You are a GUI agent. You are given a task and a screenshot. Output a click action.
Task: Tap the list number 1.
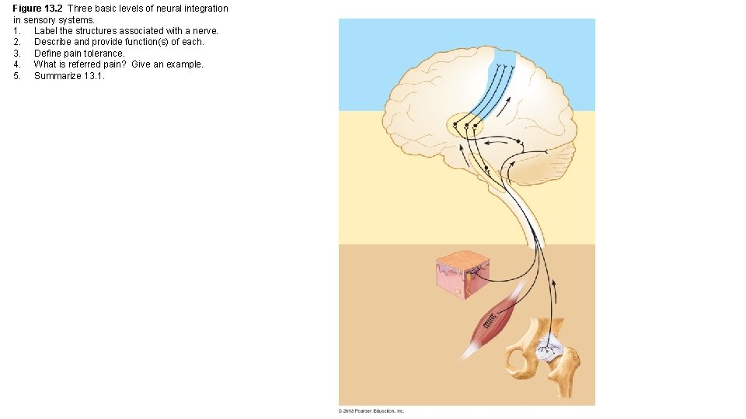(16, 31)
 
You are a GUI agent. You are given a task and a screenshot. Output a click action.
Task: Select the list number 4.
(16, 64)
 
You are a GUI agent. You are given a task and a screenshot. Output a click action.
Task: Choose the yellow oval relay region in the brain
(465, 125)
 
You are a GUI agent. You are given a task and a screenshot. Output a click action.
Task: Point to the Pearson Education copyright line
(371, 410)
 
